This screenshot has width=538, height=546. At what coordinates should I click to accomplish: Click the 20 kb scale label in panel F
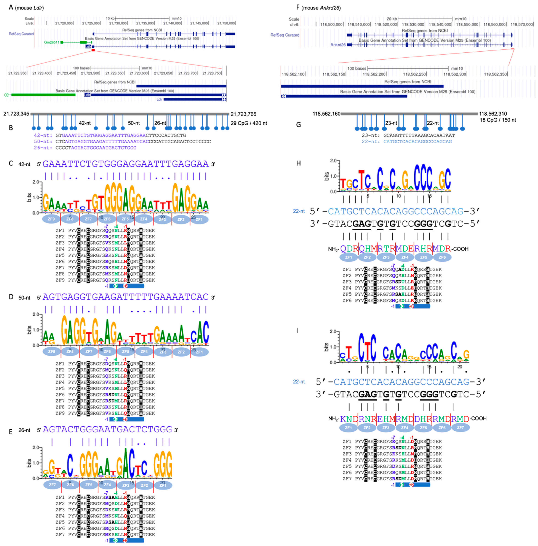[x=392, y=19]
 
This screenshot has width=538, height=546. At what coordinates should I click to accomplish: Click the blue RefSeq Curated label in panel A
[x=21, y=34]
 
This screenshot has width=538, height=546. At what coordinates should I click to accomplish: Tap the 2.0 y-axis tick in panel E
[x=36, y=447]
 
